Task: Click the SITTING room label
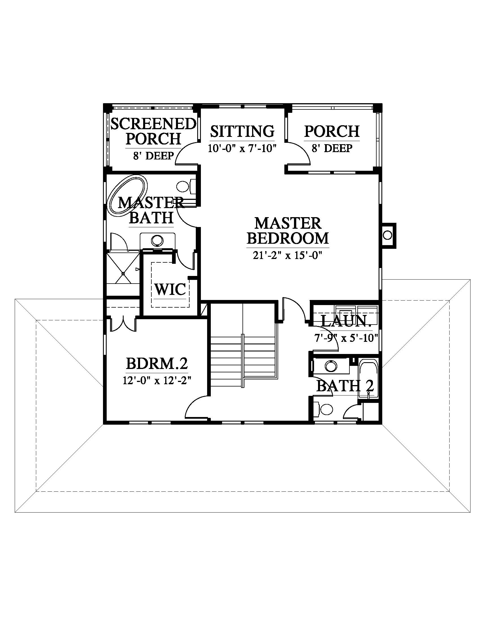pos(242,131)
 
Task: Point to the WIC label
pos(170,289)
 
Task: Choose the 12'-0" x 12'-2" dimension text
pos(157,381)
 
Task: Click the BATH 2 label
pos(345,386)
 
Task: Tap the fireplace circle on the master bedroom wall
pos(387,235)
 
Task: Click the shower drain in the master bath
pos(123,273)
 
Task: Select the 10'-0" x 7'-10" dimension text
pos(242,148)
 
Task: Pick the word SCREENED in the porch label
pos(153,124)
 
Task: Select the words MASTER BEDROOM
pos(288,230)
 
